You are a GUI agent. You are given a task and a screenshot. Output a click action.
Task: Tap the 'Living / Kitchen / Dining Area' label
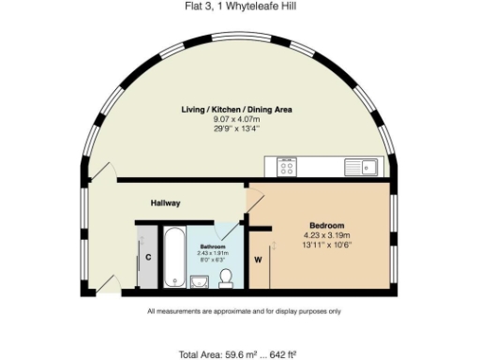coord(237,110)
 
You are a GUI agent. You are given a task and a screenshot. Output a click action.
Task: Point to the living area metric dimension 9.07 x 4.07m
coord(237,119)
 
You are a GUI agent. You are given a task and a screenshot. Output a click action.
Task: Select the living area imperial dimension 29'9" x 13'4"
coord(237,128)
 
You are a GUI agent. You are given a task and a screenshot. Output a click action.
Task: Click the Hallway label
coord(166,203)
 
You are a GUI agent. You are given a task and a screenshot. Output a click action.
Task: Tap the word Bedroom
coord(327,226)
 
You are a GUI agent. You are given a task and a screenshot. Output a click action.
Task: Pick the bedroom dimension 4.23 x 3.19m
coord(327,236)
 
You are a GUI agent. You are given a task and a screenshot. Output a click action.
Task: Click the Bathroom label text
coord(212,247)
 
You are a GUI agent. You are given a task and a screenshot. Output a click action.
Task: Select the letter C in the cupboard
coord(148,258)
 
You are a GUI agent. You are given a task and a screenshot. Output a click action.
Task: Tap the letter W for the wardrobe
coord(257,259)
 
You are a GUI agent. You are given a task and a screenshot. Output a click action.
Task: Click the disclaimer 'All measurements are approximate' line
coord(244,311)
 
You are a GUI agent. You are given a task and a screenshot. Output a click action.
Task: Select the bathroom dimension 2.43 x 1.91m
coord(212,253)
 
